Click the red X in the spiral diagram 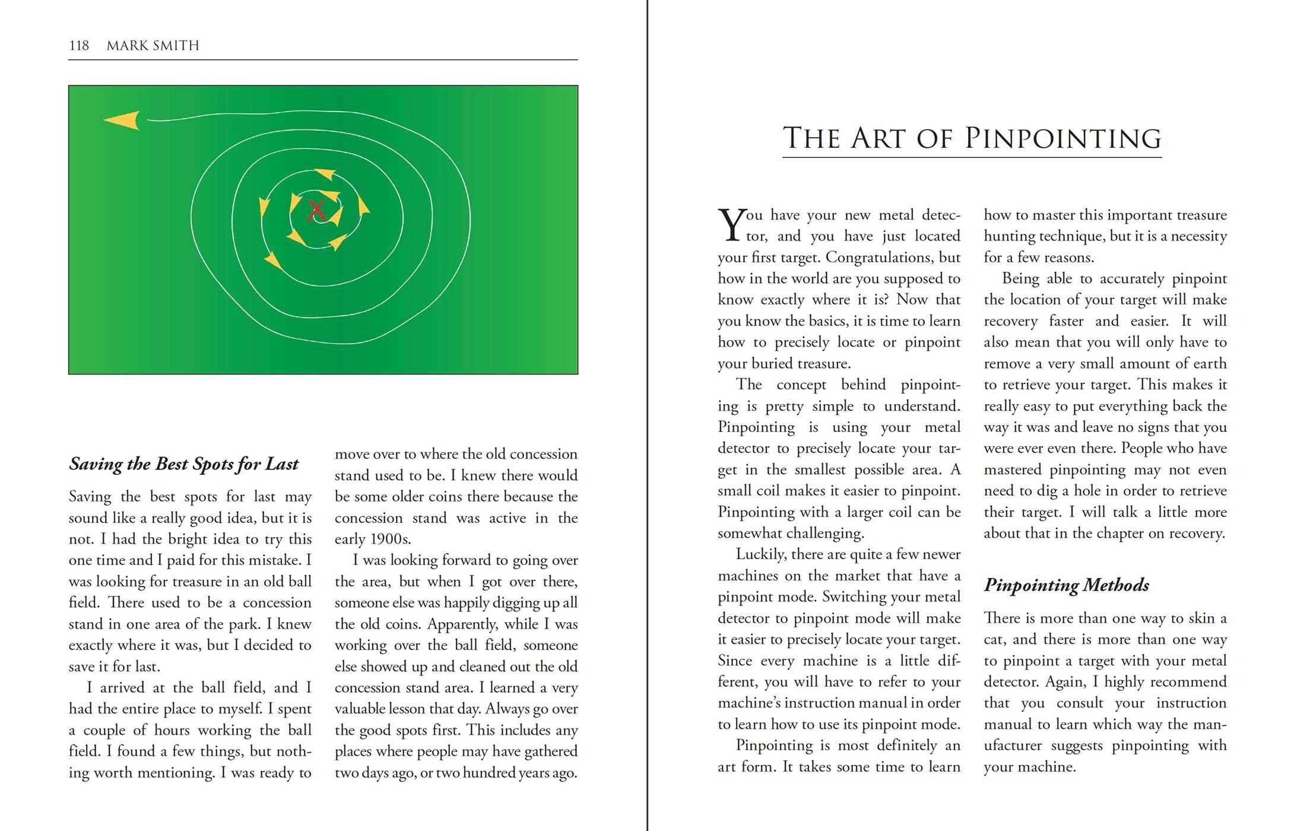[x=316, y=211]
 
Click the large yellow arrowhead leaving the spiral [x=123, y=120]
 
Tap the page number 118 [x=79, y=46]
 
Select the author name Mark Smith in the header [x=153, y=46]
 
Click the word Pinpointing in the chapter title [x=1063, y=138]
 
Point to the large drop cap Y [x=731, y=225]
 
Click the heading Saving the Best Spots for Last [x=183, y=464]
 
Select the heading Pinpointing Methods [x=1066, y=585]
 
